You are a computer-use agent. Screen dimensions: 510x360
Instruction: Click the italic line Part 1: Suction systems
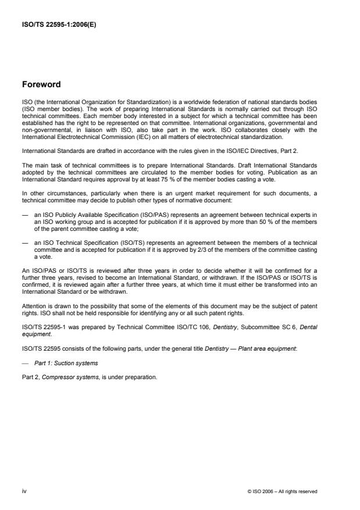[x=60, y=363]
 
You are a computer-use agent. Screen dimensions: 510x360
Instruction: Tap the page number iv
[x=24, y=491]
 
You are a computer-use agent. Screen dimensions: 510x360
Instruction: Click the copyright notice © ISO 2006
[x=281, y=492]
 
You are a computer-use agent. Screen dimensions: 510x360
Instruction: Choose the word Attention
[x=34, y=306]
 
